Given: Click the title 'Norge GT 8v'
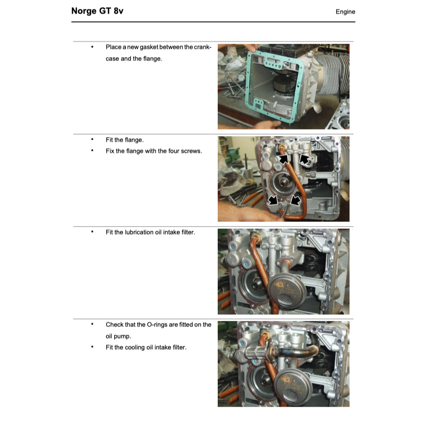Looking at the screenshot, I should tap(97, 11).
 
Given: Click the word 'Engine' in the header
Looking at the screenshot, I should tap(345, 12).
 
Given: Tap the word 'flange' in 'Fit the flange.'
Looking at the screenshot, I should tap(134, 140).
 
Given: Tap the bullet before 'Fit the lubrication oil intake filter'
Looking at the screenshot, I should tap(92, 232).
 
